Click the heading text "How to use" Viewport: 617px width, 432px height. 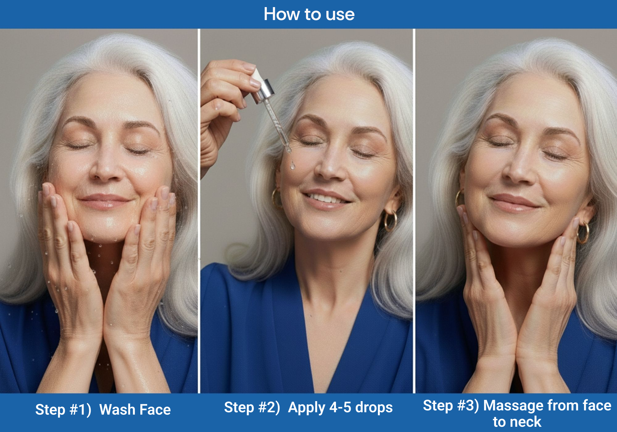pos(309,14)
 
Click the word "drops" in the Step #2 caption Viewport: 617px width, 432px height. pos(374,408)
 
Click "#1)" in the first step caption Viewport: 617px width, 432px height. pos(81,410)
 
